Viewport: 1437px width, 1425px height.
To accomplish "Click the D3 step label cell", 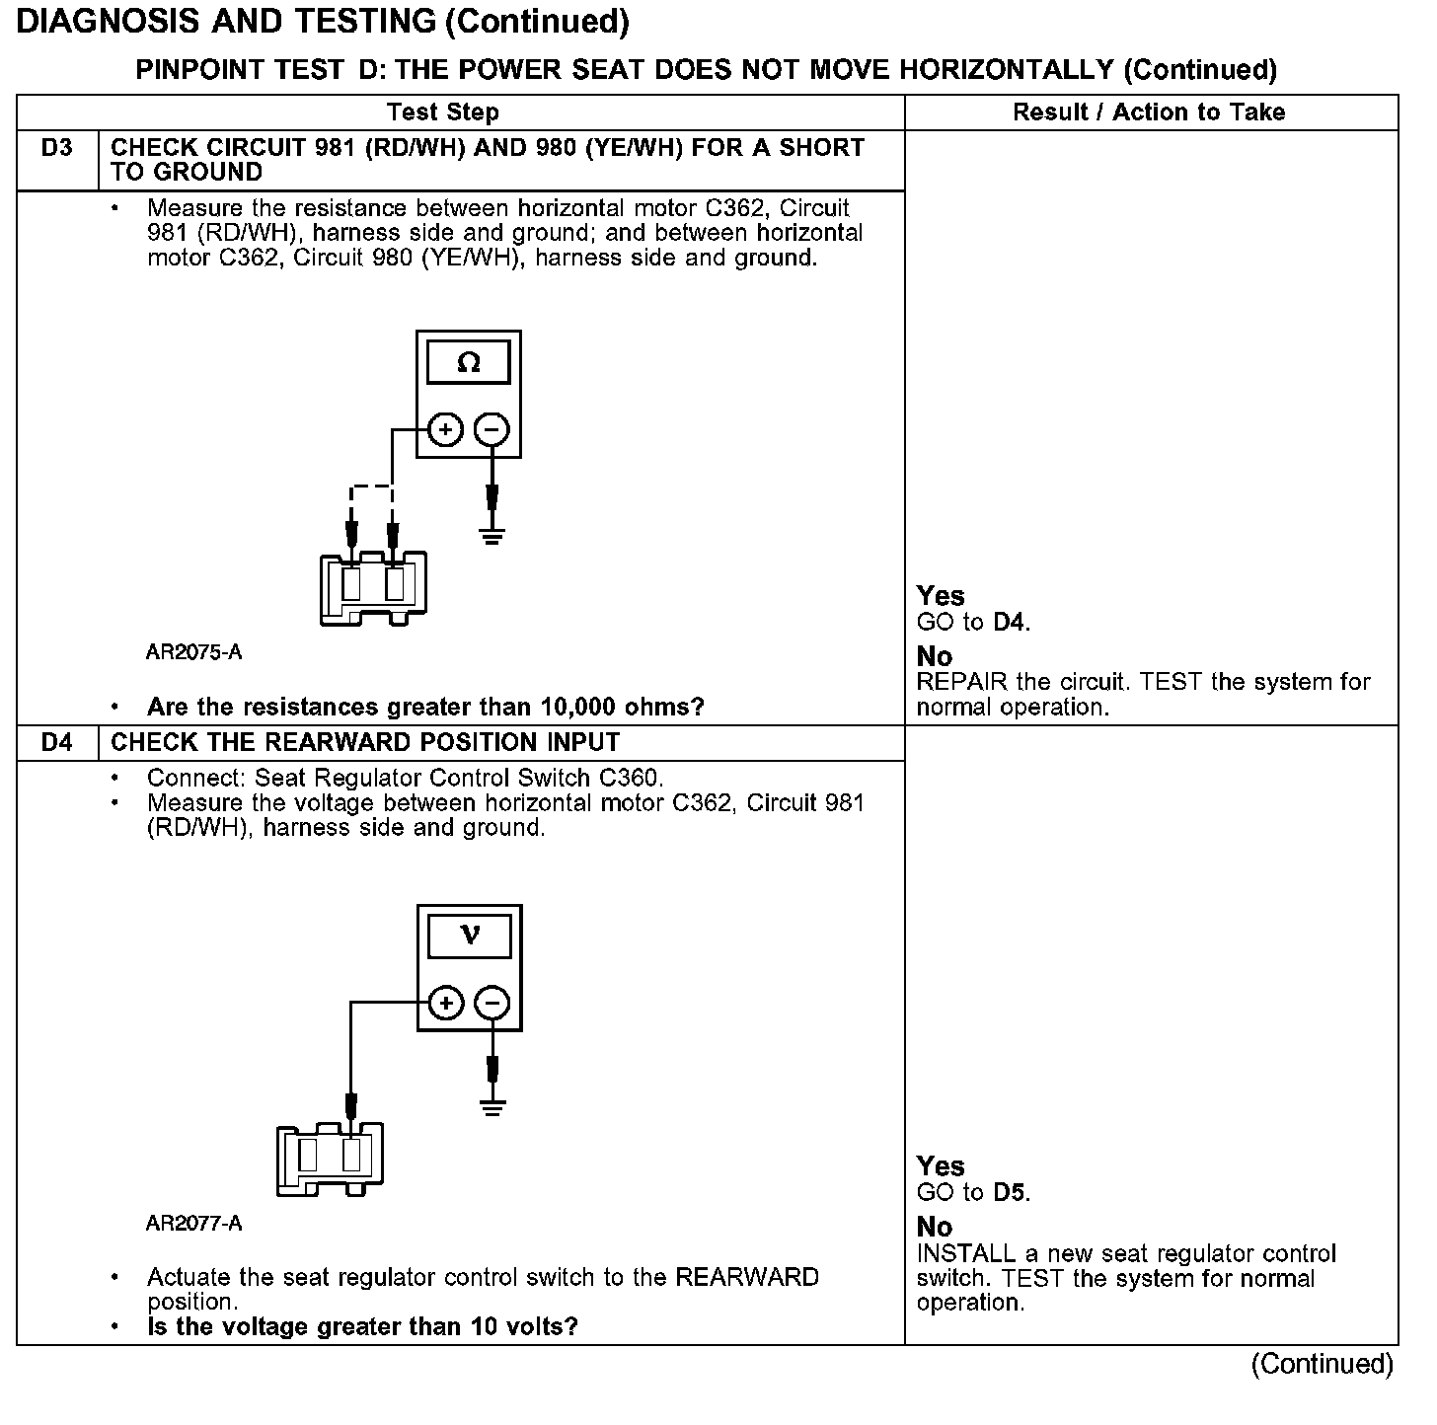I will pos(57,149).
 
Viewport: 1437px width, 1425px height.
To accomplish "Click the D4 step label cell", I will pos(57,742).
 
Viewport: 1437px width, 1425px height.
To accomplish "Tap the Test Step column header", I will pos(442,112).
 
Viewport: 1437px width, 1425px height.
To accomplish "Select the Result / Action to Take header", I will pos(1149,112).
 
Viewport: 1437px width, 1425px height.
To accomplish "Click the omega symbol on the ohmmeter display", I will pos(469,363).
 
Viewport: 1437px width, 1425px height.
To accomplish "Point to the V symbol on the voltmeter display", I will pos(470,935).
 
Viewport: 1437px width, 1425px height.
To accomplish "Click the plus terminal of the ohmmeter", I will pos(446,430).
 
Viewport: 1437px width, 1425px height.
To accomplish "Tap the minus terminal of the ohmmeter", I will pos(492,430).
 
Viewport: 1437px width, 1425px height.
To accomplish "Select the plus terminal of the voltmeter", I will pos(446,1004).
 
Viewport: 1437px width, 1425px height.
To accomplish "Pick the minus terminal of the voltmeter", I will pos(492,1004).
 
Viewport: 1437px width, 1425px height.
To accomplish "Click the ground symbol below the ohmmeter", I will pos(492,536).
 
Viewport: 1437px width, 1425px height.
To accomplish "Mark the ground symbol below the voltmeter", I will pos(492,1107).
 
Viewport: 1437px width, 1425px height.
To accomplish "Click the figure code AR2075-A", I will pos(193,652).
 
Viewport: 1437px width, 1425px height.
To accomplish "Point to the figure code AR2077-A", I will pos(193,1224).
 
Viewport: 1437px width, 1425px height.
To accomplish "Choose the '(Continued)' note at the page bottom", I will pos(1322,1365).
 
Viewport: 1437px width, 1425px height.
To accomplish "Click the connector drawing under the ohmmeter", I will pos(373,588).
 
